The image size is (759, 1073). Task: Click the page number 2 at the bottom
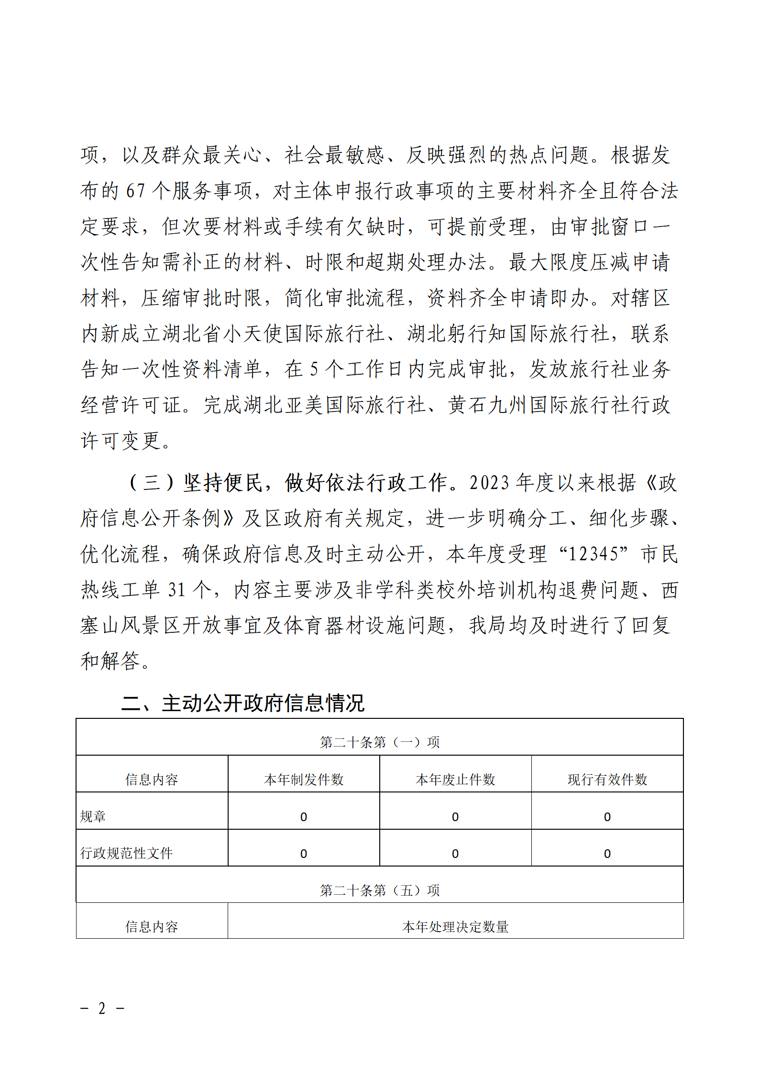[x=102, y=1008]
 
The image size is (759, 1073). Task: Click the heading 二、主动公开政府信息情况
[x=243, y=703]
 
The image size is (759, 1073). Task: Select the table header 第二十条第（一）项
[x=379, y=742]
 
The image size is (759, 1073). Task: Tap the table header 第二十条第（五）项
[x=379, y=890]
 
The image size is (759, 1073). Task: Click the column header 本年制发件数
[x=304, y=780]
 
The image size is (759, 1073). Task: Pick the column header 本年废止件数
[x=455, y=780]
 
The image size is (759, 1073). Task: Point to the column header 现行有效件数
[x=607, y=780]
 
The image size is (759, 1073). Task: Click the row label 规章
[x=93, y=816]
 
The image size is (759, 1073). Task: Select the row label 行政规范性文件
[x=126, y=853]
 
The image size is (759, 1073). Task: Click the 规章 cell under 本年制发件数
[x=304, y=817]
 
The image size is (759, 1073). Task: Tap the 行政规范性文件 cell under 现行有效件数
[x=607, y=854]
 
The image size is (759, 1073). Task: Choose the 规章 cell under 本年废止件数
[x=455, y=817]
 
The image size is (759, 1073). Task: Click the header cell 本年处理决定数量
[x=455, y=927]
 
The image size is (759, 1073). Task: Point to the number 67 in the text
[x=135, y=191]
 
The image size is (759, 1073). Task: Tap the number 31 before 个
[x=176, y=590]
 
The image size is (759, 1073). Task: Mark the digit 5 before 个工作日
[x=314, y=369]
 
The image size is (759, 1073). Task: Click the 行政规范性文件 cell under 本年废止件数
[x=455, y=854]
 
